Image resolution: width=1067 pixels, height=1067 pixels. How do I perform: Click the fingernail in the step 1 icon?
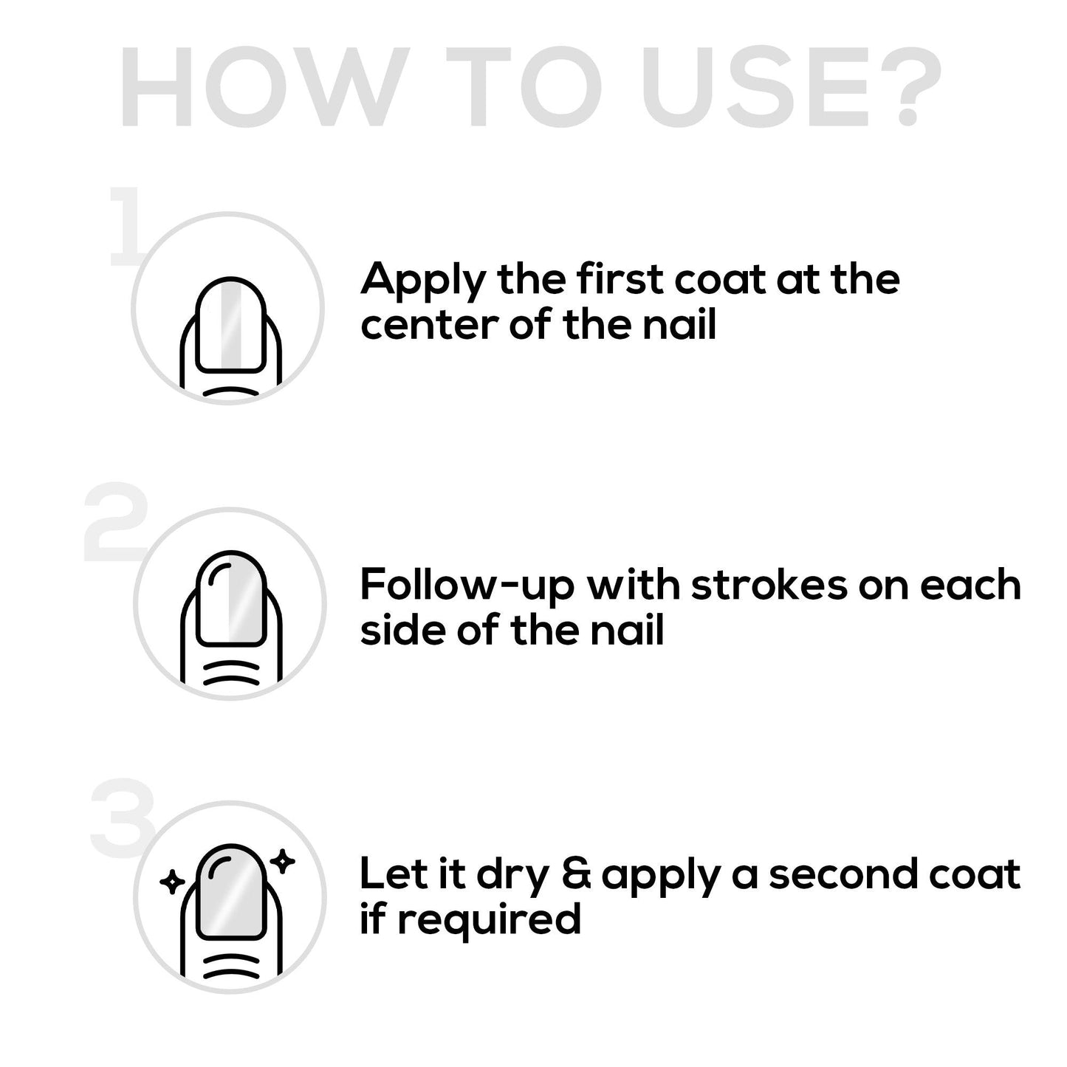230,325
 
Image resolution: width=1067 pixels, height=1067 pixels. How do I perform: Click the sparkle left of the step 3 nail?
172,881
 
